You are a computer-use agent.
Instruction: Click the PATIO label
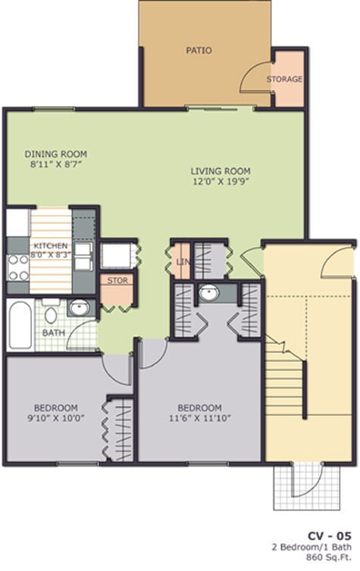(x=199, y=51)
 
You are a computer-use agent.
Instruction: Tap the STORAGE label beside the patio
(x=284, y=79)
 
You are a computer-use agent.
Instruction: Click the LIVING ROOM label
(x=220, y=170)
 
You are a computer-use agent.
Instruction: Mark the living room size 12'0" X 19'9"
(x=220, y=182)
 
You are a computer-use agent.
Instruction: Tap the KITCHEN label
(x=50, y=246)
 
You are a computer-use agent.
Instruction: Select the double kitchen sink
(x=83, y=255)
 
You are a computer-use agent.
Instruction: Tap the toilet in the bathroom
(x=51, y=313)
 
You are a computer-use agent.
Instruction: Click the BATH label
(x=53, y=332)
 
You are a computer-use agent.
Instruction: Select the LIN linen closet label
(x=182, y=262)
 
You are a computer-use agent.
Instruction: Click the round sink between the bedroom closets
(x=207, y=293)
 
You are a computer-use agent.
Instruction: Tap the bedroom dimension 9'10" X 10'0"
(x=53, y=417)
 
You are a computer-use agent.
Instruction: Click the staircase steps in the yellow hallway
(x=284, y=386)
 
